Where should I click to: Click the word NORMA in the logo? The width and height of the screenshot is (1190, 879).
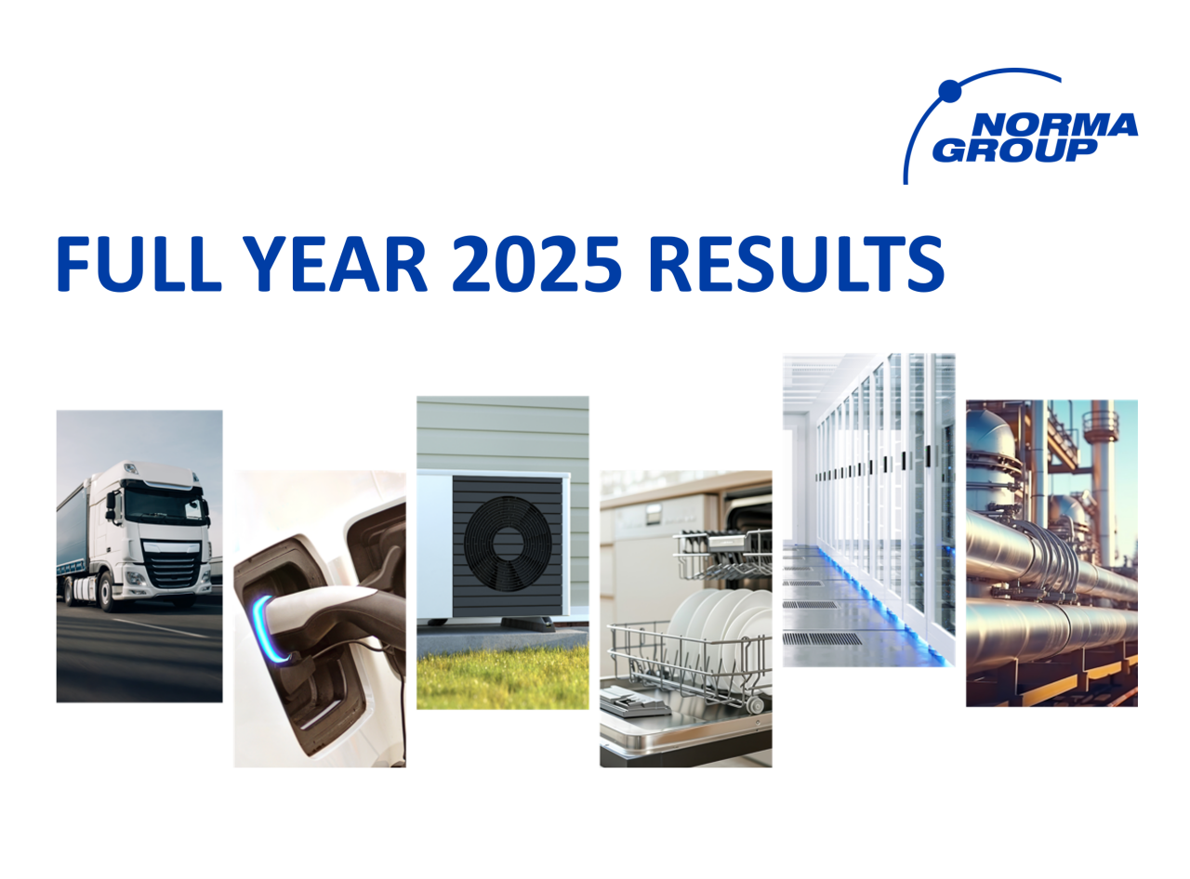click(1056, 125)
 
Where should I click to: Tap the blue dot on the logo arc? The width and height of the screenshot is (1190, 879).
click(948, 90)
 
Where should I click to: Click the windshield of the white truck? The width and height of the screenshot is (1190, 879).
click(161, 507)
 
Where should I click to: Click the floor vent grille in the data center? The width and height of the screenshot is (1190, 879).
click(822, 638)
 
